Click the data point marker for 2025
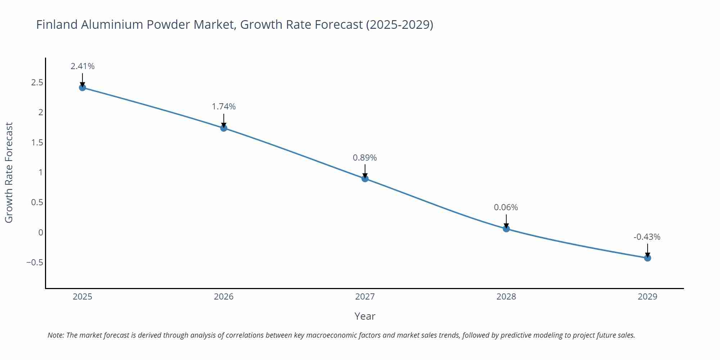(x=82, y=87)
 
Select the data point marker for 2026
(x=224, y=128)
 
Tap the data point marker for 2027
(x=365, y=179)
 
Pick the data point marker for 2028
(x=506, y=229)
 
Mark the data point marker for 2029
(x=647, y=258)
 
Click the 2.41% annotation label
(x=82, y=66)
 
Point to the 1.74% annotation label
(x=224, y=107)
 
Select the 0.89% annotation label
(x=365, y=158)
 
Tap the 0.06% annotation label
(x=506, y=207)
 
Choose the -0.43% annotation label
(x=647, y=237)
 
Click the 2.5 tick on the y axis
(x=37, y=82)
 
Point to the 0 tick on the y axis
(x=41, y=232)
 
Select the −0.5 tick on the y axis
(x=35, y=262)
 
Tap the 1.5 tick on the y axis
(x=37, y=142)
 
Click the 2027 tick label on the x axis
(x=365, y=297)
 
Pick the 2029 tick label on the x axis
(x=647, y=297)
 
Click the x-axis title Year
(x=365, y=316)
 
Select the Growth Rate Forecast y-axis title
(x=9, y=172)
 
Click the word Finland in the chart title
(x=57, y=24)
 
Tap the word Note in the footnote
(x=55, y=335)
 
